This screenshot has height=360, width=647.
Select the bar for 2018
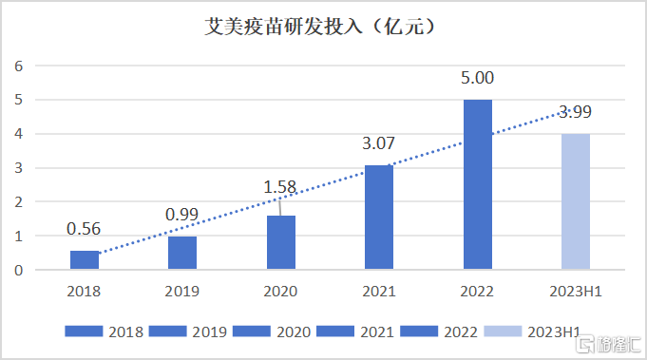pos(84,260)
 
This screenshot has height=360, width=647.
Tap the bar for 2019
pos(182,253)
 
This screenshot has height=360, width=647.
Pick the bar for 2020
pos(281,243)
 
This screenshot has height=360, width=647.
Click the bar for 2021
pos(380,218)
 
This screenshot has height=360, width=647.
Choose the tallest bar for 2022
pos(478,184)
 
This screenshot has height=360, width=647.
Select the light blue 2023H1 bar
pos(576,201)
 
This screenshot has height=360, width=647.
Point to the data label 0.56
pos(84,229)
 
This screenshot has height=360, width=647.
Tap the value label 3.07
pos(379,144)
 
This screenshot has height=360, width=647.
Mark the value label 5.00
pos(478,78)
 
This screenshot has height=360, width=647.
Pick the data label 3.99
pos(577,112)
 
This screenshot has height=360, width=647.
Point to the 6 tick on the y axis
pos(17,66)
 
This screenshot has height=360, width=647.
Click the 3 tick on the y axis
pos(17,168)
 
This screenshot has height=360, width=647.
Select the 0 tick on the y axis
pos(17,270)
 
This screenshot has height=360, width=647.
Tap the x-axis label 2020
pos(281,292)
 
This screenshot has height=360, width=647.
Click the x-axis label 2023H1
pos(576,292)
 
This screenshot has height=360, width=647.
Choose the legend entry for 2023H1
pos(532,332)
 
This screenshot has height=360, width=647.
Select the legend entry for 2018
pos(105,332)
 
